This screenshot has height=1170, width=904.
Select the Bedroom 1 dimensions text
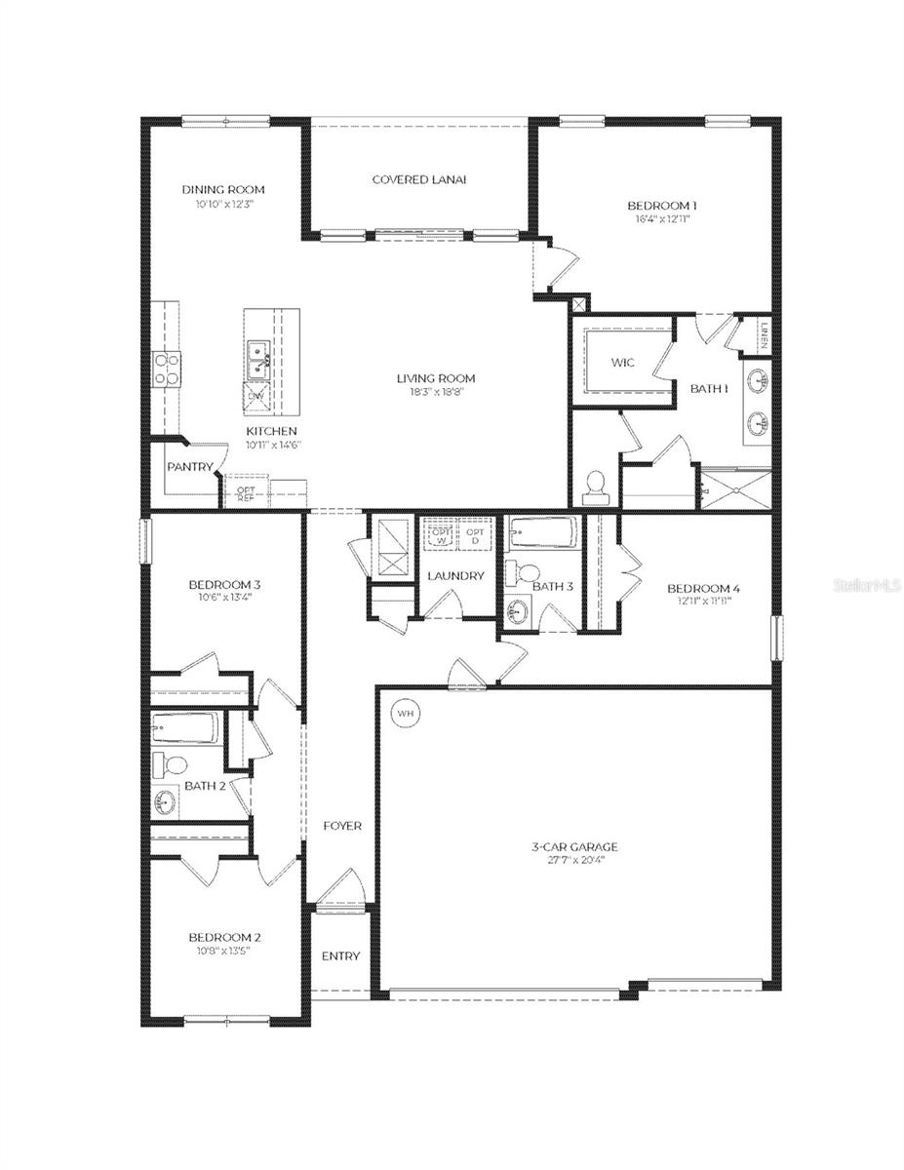pos(661,220)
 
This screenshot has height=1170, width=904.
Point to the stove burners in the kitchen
pos(165,369)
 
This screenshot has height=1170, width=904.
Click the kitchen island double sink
pos(259,358)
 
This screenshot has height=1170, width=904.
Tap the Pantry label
pos(189,467)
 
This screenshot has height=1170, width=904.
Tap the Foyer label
pos(342,826)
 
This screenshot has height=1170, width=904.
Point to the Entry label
pos(340,955)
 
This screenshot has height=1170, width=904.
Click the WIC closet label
pos(623,363)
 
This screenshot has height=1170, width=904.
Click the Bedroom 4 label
pos(703,588)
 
